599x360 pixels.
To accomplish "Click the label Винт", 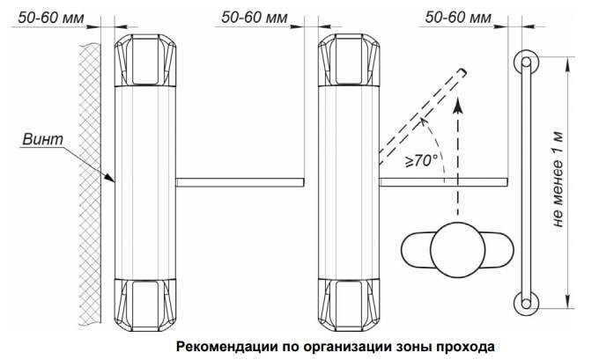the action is pos(43,139).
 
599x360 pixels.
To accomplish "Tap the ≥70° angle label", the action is pos(421,160).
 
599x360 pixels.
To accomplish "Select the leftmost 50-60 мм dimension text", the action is pos(51,18).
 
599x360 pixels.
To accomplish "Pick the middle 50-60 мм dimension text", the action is pos(255,18).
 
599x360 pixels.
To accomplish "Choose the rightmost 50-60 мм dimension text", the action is pos(458,18).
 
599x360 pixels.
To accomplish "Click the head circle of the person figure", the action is pos(458,250).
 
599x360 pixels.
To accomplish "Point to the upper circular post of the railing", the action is pos(526,62).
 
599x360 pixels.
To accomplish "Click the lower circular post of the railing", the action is pos(526,304).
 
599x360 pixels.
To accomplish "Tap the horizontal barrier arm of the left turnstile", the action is pos(240,182).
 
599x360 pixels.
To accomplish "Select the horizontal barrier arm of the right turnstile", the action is pos(443,182).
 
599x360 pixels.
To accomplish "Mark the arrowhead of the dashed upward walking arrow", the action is pos(458,104).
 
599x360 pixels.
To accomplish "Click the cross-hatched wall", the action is pos(90,183).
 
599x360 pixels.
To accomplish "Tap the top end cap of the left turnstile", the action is pos(145,61).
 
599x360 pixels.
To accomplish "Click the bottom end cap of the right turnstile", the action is pos(349,305).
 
